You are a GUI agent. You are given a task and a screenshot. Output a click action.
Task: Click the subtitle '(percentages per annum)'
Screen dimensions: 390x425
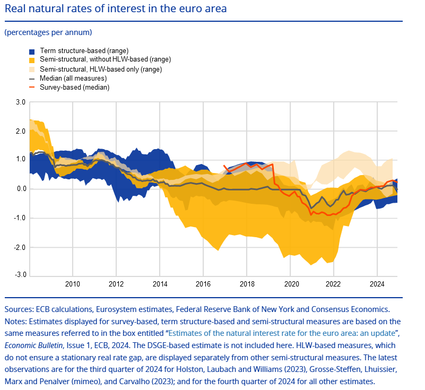48,33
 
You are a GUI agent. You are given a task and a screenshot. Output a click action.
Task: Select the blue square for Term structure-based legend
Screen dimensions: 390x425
32,51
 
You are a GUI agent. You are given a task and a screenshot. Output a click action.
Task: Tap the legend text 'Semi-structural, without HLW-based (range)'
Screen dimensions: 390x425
106,59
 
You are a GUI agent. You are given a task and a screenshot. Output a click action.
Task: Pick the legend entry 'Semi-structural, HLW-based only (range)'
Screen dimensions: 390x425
101,69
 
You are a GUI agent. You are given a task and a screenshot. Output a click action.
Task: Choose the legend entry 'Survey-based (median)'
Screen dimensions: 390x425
74,88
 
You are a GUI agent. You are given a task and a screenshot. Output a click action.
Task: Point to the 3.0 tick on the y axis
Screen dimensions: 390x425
20,102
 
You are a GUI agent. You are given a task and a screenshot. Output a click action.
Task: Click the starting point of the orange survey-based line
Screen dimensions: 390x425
224,166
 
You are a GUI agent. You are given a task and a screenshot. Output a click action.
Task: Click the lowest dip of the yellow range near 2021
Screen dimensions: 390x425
313,264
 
